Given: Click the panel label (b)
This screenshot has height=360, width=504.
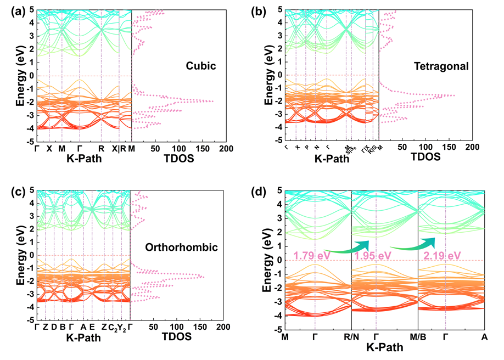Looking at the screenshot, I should (259, 9).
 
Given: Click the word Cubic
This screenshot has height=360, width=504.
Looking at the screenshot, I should (201, 66).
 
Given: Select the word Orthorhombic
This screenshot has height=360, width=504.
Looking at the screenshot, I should (189, 248).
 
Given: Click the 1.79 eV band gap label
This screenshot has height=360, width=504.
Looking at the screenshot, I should (311, 255).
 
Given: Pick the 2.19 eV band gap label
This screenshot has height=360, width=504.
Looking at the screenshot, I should (443, 255).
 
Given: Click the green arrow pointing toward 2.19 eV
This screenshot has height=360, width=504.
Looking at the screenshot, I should (412, 244).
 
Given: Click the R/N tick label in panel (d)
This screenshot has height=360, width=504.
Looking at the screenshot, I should (351, 336).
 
